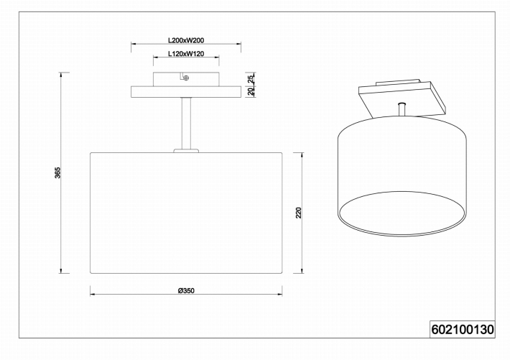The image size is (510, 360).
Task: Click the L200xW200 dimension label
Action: (186, 40)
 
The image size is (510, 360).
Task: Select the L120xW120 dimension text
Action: (186, 54)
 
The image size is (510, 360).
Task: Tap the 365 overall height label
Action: (57, 172)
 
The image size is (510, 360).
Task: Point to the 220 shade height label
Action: (299, 213)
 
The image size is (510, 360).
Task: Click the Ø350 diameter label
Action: (186, 291)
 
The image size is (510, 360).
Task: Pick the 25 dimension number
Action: (251, 80)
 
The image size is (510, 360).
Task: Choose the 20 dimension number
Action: (251, 91)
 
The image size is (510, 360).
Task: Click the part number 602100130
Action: (463, 329)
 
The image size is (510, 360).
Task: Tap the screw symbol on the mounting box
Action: (186, 78)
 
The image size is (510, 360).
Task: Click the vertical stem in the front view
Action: (186, 123)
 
